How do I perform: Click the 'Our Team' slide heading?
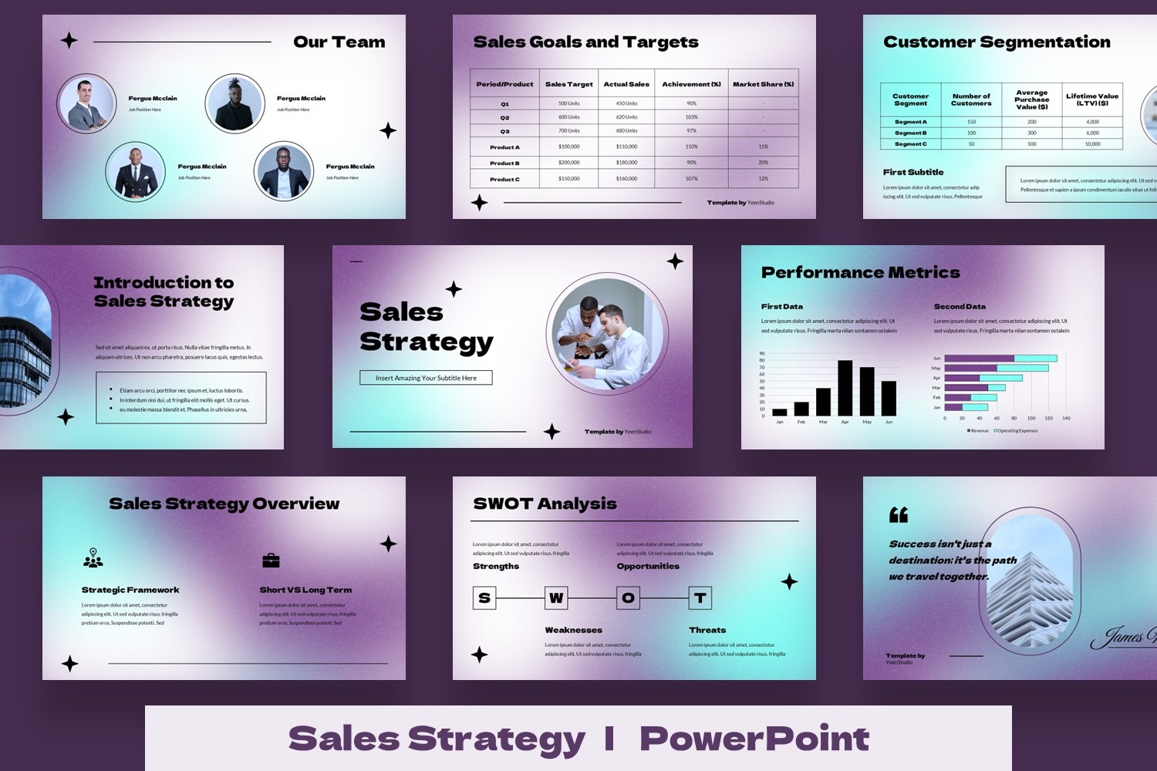pos(339,42)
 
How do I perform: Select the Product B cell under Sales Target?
pos(569,163)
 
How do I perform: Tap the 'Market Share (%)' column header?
pos(763,84)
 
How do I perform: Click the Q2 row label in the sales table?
pos(504,117)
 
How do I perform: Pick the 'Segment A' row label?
pos(910,122)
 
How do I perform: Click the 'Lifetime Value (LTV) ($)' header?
pos(1091,99)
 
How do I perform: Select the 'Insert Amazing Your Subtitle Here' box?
pos(426,378)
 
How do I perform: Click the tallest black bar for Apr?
pos(845,388)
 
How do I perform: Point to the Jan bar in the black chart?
pos(779,412)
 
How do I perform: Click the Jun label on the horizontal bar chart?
pos(936,359)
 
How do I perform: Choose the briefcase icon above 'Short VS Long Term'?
pos(271,561)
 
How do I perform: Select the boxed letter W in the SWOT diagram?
pos(556,598)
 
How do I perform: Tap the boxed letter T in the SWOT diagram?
pos(700,598)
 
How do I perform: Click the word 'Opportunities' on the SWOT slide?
pos(648,566)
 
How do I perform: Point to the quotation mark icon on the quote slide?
pos(899,514)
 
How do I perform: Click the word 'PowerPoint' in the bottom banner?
pos(754,739)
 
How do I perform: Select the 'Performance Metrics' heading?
pos(860,272)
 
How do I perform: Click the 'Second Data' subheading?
pos(959,306)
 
